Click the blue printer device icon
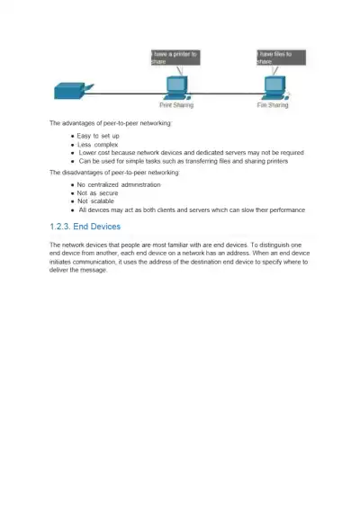pyautogui.click(x=69, y=91)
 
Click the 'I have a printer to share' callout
pyautogui.click(x=175, y=57)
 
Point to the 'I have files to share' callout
pyautogui.click(x=281, y=57)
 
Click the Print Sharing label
pyautogui.click(x=176, y=105)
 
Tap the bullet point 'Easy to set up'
pyautogui.click(x=99, y=136)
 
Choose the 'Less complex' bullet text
pyautogui.click(x=98, y=144)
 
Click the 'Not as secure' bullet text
pyautogui.click(x=98, y=192)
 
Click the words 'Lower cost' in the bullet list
pyautogui.click(x=95, y=153)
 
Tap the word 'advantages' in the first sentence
pyautogui.click(x=80, y=122)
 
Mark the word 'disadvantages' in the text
pyautogui.click(x=85, y=171)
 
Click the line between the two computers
pyautogui.click(x=225, y=93)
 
